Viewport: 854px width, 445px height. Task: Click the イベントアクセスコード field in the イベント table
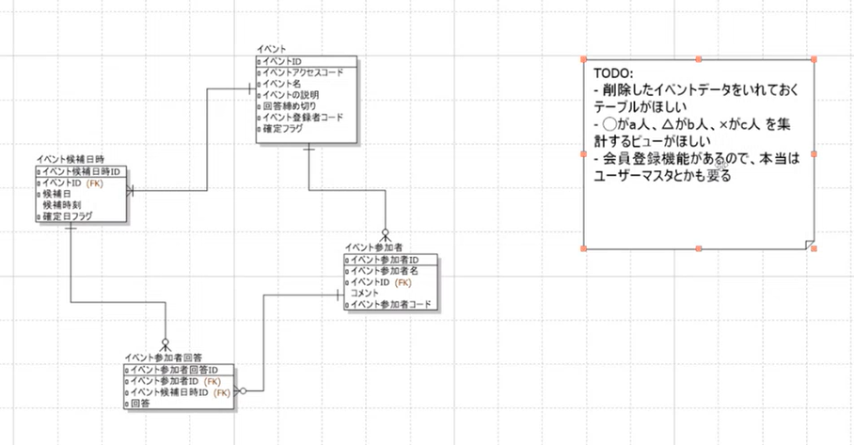(303, 72)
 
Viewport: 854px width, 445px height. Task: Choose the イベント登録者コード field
(303, 118)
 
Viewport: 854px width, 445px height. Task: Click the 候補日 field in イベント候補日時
(55, 194)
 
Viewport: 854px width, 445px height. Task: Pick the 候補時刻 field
(61, 205)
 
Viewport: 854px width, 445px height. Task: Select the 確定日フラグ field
(67, 216)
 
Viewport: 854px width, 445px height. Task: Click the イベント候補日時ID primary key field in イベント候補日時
(82, 172)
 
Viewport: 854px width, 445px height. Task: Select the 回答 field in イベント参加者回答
(140, 403)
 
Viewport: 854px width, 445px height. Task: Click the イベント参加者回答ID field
(174, 371)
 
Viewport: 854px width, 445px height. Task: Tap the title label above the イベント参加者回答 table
(164, 358)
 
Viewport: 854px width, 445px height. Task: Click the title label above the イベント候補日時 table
(70, 160)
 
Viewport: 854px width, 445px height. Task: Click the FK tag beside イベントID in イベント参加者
(403, 282)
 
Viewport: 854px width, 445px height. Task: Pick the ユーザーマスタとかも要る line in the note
(662, 176)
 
